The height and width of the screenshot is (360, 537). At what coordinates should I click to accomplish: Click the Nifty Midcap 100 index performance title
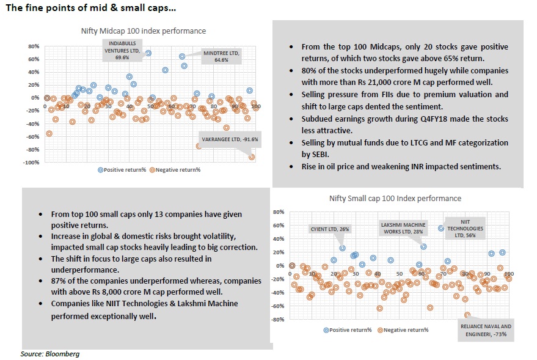pyautogui.click(x=143, y=31)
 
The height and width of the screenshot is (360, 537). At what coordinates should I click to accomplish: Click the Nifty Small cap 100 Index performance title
pyautogui.click(x=395, y=198)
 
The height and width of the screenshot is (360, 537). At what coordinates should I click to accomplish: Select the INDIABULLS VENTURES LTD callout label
pyautogui.click(x=122, y=50)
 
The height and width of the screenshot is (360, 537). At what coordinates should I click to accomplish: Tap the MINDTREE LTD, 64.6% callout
pyautogui.click(x=221, y=56)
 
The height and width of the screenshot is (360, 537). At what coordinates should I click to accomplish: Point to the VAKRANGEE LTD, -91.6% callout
pyautogui.click(x=230, y=139)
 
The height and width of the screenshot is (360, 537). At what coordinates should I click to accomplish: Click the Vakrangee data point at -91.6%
pyautogui.click(x=252, y=157)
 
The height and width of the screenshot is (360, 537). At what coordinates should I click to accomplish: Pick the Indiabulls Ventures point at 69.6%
pyautogui.click(x=148, y=53)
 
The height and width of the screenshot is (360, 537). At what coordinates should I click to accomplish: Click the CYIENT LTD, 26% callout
pyautogui.click(x=329, y=229)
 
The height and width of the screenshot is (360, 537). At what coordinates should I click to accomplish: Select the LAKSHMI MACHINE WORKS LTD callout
pyautogui.click(x=403, y=228)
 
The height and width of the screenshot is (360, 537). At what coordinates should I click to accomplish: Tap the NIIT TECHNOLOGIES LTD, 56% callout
pyautogui.click(x=465, y=229)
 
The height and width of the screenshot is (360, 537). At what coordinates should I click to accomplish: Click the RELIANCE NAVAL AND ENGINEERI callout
pyautogui.click(x=486, y=330)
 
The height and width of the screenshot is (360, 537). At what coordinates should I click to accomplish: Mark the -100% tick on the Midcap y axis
pyautogui.click(x=31, y=163)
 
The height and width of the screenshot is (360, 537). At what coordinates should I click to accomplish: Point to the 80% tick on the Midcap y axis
pyautogui.click(x=34, y=46)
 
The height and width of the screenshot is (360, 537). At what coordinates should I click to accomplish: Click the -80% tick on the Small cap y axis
pyautogui.click(x=279, y=319)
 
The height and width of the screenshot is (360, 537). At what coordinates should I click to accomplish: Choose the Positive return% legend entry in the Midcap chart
pyautogui.click(x=122, y=170)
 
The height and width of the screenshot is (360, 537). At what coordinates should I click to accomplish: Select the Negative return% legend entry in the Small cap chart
pyautogui.click(x=403, y=330)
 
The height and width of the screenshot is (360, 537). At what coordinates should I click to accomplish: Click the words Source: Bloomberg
pyautogui.click(x=50, y=354)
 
